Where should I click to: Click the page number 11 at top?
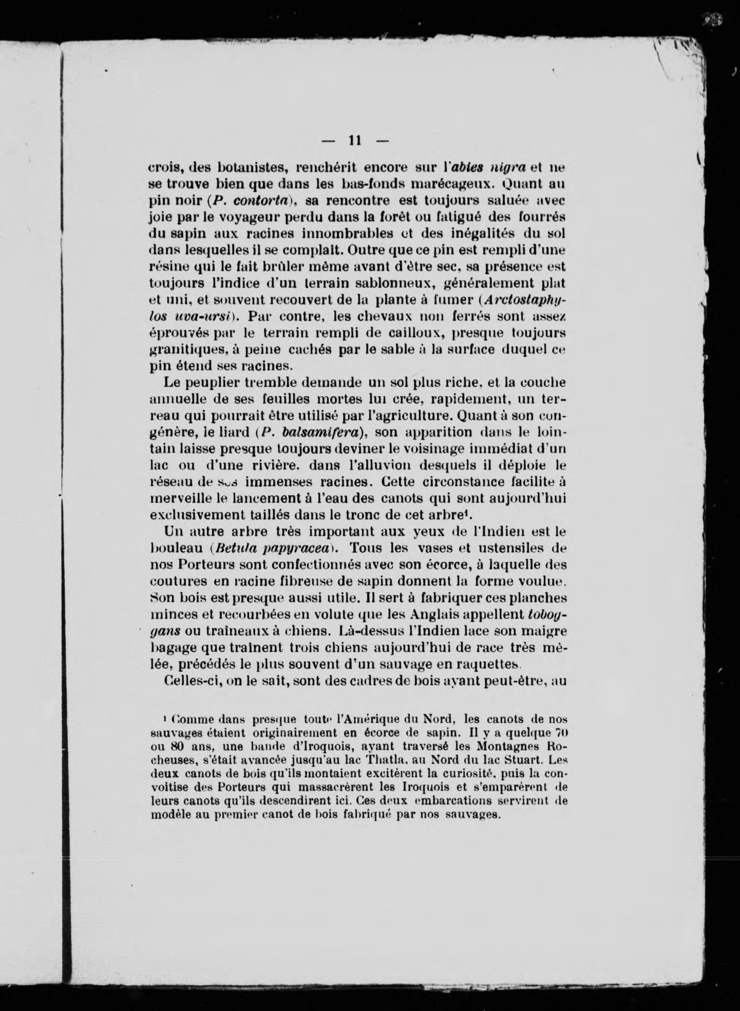pyautogui.click(x=355, y=140)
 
